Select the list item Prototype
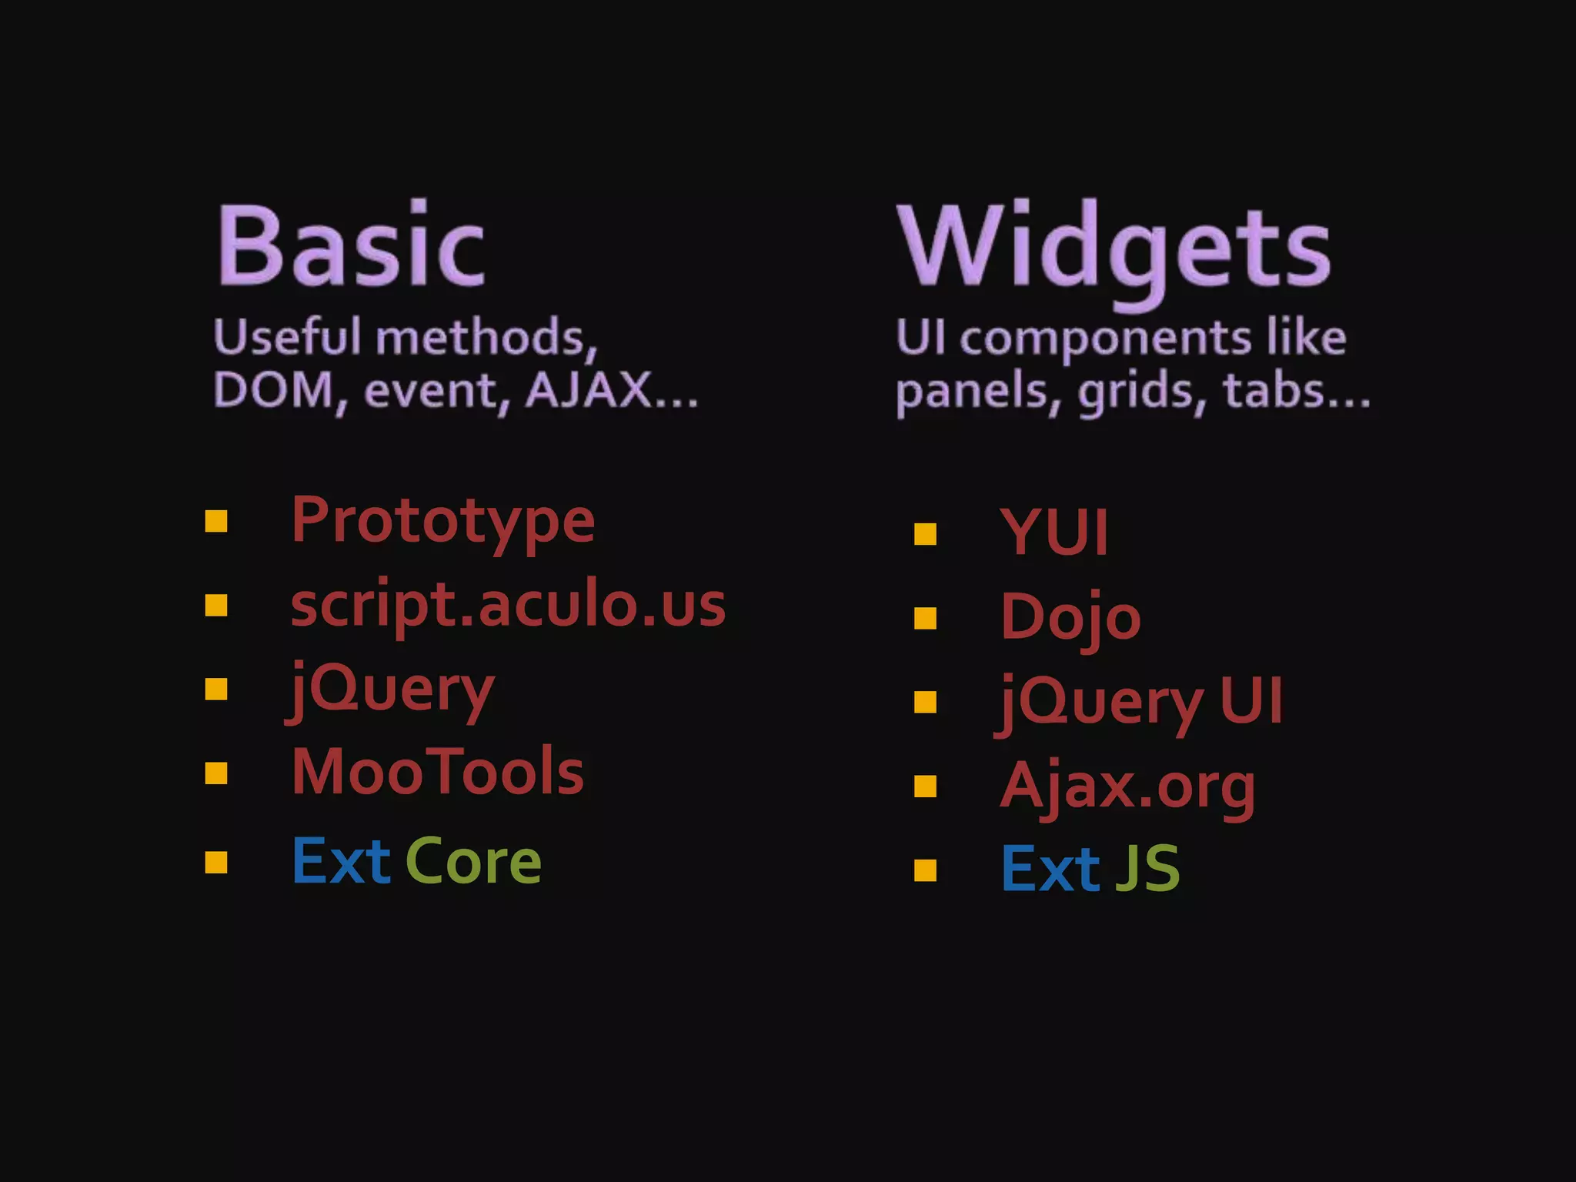coord(442,521)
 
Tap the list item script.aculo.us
coord(508,605)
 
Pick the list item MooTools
coord(437,772)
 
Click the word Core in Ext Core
coord(472,862)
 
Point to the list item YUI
coord(1054,533)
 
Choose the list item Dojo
coord(1070,618)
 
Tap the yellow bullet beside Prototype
coord(216,522)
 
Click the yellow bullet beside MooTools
coord(216,773)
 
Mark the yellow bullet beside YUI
coord(925,534)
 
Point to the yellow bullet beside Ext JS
coord(925,870)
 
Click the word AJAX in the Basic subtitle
coord(588,390)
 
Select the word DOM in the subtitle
coord(273,390)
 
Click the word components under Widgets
coord(1106,339)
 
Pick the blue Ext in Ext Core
coord(341,862)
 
